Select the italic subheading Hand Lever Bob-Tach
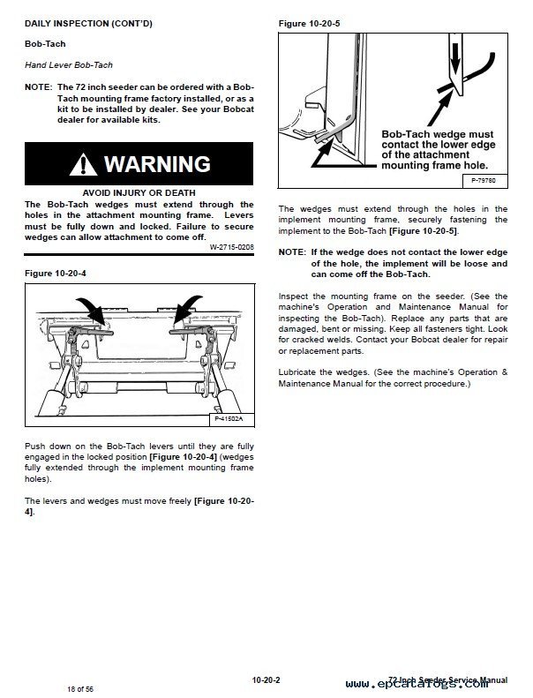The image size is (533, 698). tap(68, 65)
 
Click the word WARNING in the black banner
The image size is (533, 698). tap(157, 164)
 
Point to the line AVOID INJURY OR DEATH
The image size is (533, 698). tap(139, 192)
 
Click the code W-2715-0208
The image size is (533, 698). tap(231, 248)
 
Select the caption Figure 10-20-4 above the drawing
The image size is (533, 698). tap(54, 274)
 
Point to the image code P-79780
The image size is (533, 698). tap(482, 181)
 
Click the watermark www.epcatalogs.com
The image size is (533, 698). tap(432, 684)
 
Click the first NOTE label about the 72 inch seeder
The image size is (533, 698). tap(38, 88)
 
